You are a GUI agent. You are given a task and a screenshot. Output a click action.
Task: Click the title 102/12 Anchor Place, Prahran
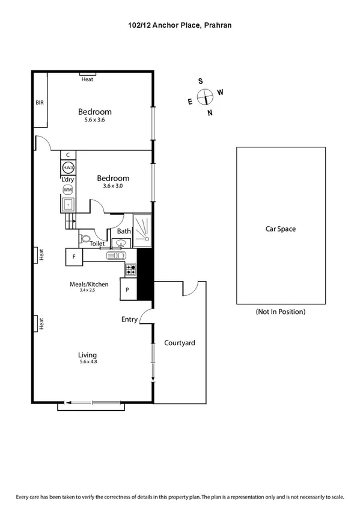point(180,25)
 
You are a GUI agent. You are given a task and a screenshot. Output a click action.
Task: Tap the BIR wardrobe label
point(40,103)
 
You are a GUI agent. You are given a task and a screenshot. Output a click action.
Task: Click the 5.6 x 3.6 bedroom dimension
point(94,120)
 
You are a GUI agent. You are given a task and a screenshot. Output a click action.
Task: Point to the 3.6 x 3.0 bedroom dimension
point(113,186)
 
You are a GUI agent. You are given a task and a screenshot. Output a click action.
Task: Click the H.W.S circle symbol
point(68,167)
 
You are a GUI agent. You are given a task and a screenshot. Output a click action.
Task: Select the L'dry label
point(67,179)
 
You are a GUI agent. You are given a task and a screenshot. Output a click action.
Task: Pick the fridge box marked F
point(74,257)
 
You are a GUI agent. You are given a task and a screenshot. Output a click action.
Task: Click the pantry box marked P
point(129,289)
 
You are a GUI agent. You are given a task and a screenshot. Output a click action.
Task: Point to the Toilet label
point(97,244)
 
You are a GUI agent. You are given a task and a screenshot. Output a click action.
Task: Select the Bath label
point(124,231)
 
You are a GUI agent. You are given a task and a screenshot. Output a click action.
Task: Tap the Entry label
point(129,319)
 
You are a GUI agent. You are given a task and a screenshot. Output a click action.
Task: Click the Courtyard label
point(180,343)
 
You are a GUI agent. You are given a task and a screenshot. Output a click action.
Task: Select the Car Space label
point(281,229)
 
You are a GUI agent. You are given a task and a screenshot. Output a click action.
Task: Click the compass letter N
point(210,112)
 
